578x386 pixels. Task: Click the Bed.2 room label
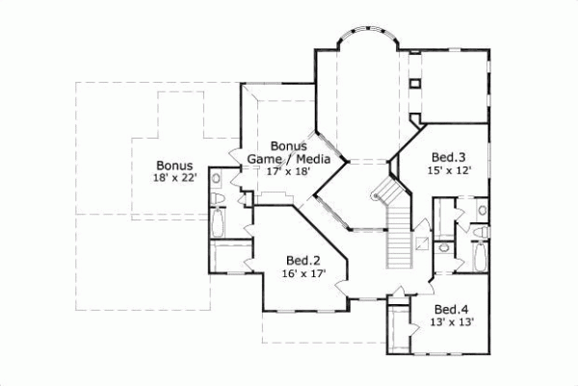[302, 260]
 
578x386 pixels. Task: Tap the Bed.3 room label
[448, 156]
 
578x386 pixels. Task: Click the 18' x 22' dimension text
[173, 178]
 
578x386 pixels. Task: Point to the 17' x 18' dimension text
[289, 171]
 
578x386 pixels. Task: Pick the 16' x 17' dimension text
[302, 273]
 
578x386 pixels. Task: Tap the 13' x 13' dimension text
[447, 322]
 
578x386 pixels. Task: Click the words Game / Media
[289, 158]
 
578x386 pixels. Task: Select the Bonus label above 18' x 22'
[174, 165]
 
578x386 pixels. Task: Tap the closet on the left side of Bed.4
[397, 329]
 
